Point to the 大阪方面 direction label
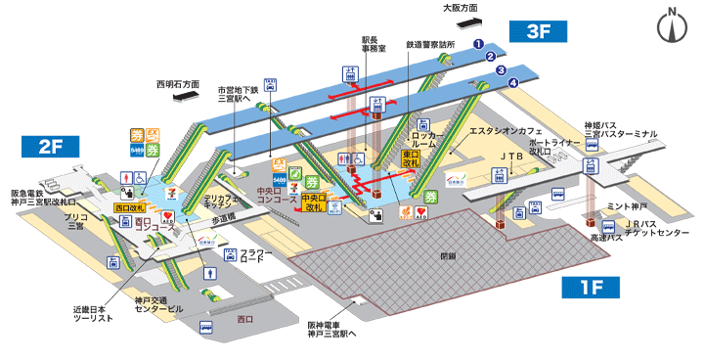[x=460, y=7]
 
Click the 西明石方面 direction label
[x=177, y=84]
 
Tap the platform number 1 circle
[x=479, y=43]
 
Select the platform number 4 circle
[x=513, y=82]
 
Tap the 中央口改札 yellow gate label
[x=314, y=202]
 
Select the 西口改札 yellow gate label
[x=130, y=207]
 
